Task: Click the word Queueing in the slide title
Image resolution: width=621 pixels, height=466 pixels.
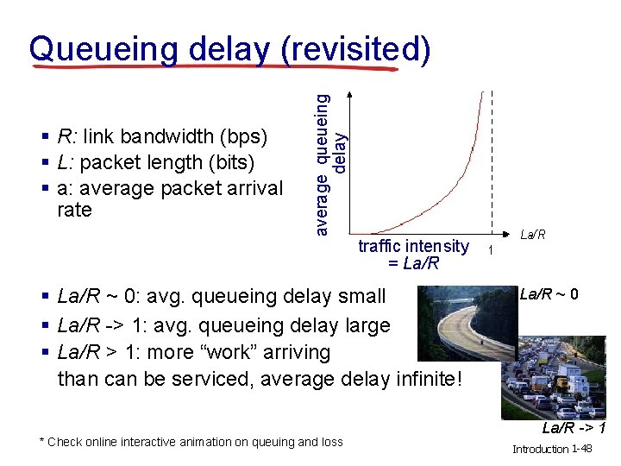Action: point(103,49)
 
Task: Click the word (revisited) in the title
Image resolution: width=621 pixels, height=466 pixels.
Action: point(355,49)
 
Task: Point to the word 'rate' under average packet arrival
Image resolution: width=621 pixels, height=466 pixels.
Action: point(74,210)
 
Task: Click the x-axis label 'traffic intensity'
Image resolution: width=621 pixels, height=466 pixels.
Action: point(413,247)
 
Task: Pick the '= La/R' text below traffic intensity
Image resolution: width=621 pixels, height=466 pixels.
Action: point(413,263)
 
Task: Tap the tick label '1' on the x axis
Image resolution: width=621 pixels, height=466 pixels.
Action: point(490,250)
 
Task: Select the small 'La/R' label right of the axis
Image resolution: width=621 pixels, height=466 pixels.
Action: point(532,235)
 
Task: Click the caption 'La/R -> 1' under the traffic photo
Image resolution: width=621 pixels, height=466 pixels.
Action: point(573,428)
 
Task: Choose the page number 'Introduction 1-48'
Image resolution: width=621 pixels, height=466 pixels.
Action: point(552,449)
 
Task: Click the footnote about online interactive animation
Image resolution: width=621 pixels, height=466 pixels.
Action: point(191,442)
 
